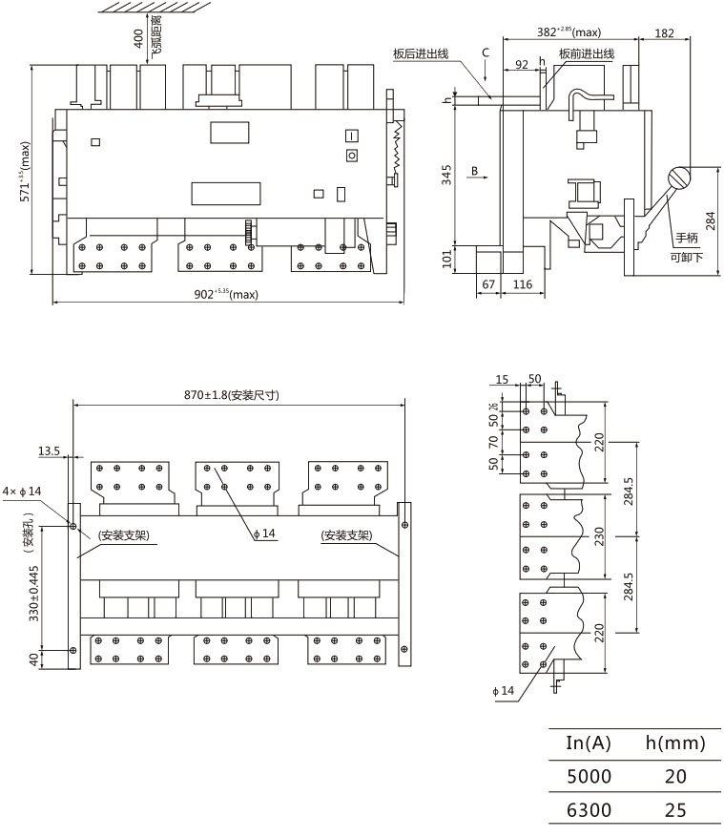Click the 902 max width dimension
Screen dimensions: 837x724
click(x=226, y=294)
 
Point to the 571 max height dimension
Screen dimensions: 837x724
click(x=26, y=173)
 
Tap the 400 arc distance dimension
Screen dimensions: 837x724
click(x=138, y=38)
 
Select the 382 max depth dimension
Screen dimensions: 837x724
click(x=569, y=32)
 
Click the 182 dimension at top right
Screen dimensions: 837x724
click(x=665, y=33)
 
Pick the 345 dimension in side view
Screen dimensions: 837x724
click(x=446, y=176)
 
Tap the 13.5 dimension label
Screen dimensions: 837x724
click(x=50, y=450)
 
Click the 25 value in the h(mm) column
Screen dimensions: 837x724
click(x=674, y=810)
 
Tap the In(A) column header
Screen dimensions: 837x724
click(x=589, y=743)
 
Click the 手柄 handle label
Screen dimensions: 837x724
click(x=687, y=238)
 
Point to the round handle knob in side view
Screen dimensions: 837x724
click(x=678, y=178)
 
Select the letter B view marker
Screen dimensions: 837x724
click(x=474, y=172)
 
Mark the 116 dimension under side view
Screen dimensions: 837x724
click(x=522, y=284)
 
